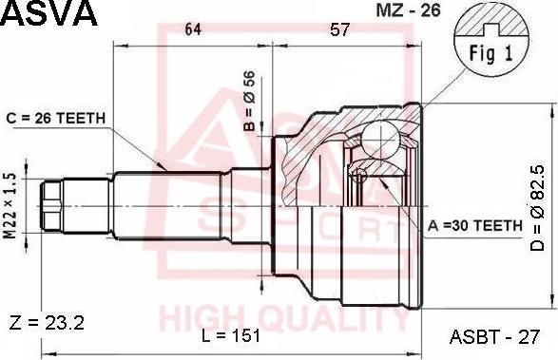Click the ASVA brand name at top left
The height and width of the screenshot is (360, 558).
point(48,13)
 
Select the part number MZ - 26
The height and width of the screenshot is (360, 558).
point(408,10)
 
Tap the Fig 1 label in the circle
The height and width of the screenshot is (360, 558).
point(491,54)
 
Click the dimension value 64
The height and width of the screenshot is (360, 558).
point(193,29)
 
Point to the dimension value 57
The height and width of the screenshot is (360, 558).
point(340,29)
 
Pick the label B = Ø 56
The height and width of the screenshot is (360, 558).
point(250,101)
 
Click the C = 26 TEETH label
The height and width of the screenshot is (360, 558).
point(56,118)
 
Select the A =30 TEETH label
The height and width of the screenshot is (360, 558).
point(475,225)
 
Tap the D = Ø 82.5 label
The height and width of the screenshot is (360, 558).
point(537,208)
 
